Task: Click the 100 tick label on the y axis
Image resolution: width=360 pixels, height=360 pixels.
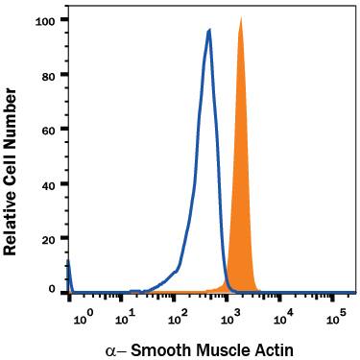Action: coord(44,20)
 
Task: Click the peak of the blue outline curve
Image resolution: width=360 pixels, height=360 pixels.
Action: coord(208,31)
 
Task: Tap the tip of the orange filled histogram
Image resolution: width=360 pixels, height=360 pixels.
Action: coord(241,17)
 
